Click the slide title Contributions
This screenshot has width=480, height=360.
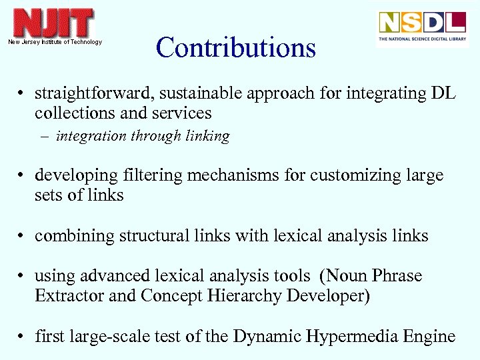tap(235, 48)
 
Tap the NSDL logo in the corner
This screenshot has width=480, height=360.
tap(422, 27)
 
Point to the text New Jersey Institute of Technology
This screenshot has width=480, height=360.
tap(55, 42)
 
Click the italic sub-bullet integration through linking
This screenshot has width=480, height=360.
tap(143, 136)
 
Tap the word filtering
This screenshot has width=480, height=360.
tap(153, 175)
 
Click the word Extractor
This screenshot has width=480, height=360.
tap(69, 296)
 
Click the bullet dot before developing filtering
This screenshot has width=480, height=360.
tap(23, 176)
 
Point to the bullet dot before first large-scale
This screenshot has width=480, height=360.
tap(23, 337)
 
